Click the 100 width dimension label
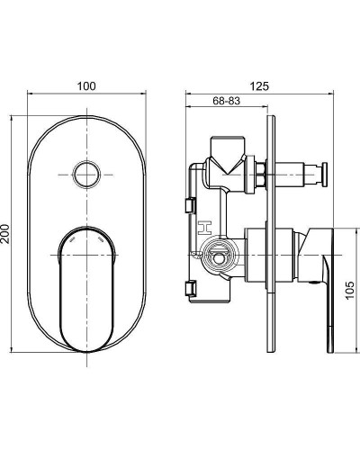86,85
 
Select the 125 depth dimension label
260,85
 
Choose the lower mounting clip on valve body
190,288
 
